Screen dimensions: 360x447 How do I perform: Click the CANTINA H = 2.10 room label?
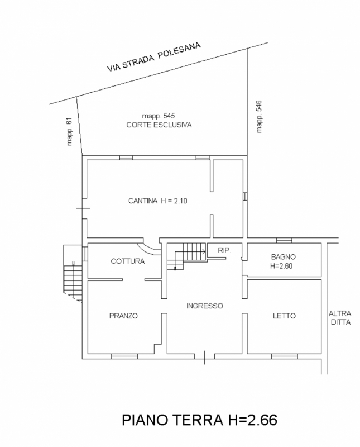(157, 201)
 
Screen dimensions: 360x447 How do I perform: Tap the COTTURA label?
(128, 261)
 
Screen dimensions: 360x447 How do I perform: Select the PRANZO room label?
(123, 316)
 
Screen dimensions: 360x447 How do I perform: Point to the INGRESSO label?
(204, 306)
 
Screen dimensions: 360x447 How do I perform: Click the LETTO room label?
(284, 316)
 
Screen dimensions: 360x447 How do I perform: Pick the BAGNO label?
(283, 257)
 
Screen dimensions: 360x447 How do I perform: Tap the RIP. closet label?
(224, 250)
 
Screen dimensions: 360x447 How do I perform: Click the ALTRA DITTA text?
(340, 318)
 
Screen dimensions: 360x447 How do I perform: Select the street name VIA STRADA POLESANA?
(154, 57)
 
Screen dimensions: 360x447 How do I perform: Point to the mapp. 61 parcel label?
(70, 131)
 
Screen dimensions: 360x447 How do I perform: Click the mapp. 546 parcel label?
(259, 116)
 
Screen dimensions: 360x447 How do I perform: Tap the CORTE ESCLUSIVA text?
(159, 125)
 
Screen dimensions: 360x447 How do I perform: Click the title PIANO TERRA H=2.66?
(199, 420)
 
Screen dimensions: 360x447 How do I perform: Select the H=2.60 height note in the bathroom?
(281, 266)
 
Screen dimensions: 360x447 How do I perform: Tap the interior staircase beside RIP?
(186, 256)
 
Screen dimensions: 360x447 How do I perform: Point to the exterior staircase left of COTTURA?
(73, 273)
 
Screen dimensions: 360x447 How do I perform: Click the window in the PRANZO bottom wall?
(124, 356)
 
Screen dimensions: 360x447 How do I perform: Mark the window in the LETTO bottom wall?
(284, 356)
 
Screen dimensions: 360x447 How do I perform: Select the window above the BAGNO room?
(284, 240)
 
